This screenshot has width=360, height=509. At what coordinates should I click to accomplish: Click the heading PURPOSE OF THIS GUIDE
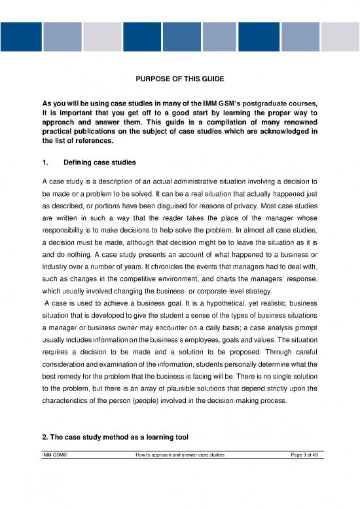tap(179, 79)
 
